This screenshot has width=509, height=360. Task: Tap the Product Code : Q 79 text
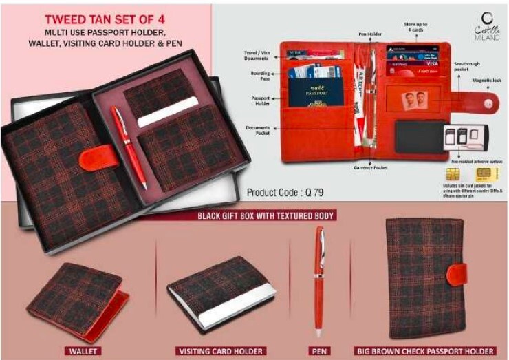coord(284,193)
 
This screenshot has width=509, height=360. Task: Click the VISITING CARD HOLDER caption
coord(220,351)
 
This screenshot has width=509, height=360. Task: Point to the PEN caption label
coord(320,351)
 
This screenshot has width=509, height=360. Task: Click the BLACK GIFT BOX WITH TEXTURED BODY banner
coord(266,216)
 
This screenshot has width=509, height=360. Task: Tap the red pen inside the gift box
coord(129,146)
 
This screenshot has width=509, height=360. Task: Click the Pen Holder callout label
coord(369,32)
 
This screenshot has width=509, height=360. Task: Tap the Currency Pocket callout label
coord(371,167)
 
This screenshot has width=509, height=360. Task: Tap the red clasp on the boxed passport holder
coord(91,158)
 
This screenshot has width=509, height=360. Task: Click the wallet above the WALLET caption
coord(78,297)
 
